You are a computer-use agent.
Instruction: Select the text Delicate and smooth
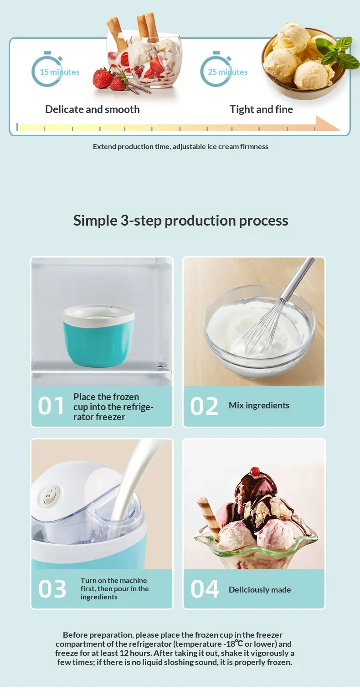(x=92, y=109)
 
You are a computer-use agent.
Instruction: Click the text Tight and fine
(x=261, y=109)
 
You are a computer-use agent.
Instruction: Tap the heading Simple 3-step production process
(x=180, y=221)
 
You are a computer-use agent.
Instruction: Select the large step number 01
(x=51, y=406)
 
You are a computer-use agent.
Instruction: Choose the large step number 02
(x=204, y=406)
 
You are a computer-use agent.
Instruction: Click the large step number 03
(x=52, y=589)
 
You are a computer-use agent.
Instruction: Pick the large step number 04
(x=205, y=589)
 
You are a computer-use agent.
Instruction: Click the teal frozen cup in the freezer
(x=99, y=335)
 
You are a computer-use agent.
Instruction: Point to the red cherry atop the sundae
(x=255, y=471)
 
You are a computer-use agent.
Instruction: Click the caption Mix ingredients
(x=259, y=406)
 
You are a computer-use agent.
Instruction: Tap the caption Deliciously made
(x=260, y=590)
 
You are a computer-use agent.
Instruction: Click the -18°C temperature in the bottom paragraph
(x=233, y=644)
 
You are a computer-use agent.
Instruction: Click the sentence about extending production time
(x=180, y=147)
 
